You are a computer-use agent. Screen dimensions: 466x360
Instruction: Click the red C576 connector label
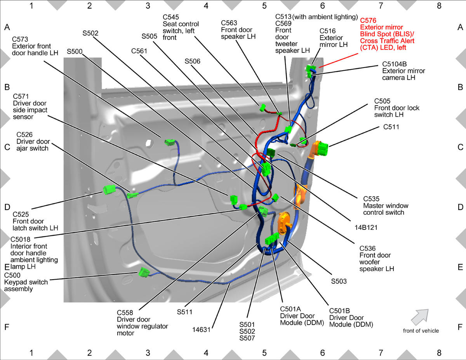(387, 34)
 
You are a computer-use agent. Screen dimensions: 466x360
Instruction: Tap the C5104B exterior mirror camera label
(403, 71)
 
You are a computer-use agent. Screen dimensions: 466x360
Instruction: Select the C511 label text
(391, 127)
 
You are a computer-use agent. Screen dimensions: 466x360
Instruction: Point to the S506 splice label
(192, 61)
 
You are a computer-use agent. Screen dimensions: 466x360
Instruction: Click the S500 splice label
(75, 52)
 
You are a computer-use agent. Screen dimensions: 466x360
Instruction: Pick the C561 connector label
(139, 51)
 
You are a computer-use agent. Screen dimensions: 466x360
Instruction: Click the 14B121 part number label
(366, 228)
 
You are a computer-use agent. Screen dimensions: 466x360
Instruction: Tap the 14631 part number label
(201, 330)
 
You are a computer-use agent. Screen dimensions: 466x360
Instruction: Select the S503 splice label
(339, 281)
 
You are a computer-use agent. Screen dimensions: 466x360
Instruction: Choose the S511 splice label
(184, 312)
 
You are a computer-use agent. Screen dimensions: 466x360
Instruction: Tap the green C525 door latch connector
(110, 190)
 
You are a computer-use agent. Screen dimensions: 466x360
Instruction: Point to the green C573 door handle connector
(170, 143)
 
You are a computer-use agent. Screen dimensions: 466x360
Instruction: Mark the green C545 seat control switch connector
(263, 108)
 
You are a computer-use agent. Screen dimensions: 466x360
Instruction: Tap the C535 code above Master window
(371, 199)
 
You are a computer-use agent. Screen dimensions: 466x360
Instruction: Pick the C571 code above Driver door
(21, 96)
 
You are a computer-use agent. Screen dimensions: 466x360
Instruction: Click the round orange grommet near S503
(284, 223)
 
